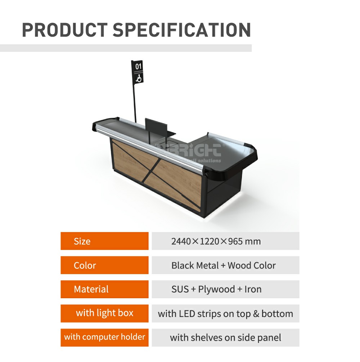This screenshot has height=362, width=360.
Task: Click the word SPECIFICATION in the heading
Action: (x=182, y=30)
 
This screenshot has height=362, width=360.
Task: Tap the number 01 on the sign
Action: (x=139, y=66)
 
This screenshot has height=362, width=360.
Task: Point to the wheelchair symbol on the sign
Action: (x=139, y=77)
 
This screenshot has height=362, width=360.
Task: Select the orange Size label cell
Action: (x=104, y=241)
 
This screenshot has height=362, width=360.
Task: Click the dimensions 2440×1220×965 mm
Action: (x=216, y=241)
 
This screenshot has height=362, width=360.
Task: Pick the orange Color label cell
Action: (x=104, y=265)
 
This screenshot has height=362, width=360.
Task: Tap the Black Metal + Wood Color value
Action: (x=224, y=265)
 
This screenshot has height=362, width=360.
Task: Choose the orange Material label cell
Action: (x=104, y=289)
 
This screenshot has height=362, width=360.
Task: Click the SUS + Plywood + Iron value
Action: (x=216, y=289)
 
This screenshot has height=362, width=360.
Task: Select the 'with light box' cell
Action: (x=104, y=313)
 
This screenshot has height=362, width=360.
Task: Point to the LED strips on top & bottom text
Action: (x=225, y=313)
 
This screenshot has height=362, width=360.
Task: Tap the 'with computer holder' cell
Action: (x=104, y=337)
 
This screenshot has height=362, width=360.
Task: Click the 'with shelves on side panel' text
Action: (x=225, y=338)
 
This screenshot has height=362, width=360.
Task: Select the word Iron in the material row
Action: (x=253, y=289)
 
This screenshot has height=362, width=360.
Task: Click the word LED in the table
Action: (x=187, y=313)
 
